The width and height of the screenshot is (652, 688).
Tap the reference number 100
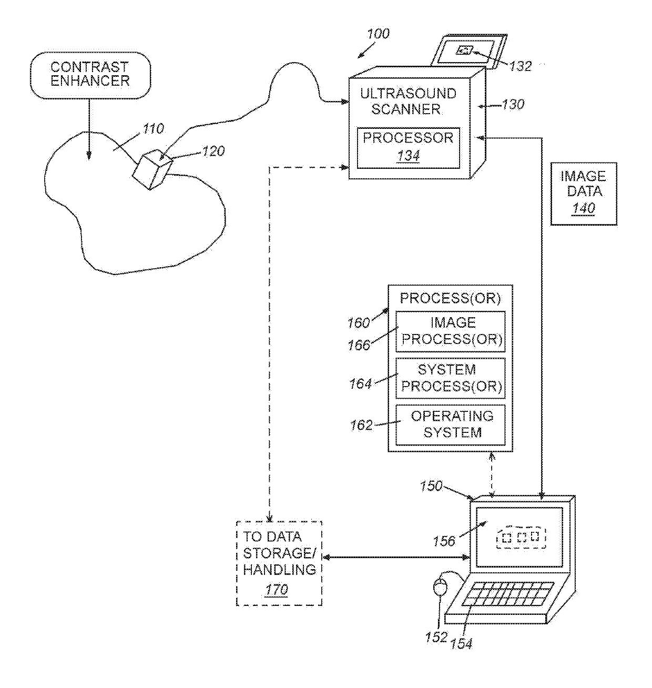[378, 34]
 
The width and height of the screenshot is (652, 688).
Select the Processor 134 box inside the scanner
[408, 148]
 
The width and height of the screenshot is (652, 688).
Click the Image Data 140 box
[584, 194]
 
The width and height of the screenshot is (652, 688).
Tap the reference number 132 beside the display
[520, 66]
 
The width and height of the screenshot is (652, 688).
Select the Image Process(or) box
[451, 331]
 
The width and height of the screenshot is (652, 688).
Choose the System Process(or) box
[451, 378]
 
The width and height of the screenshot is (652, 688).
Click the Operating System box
[451, 425]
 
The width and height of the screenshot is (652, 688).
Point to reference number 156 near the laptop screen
[444, 541]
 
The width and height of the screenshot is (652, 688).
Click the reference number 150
[431, 485]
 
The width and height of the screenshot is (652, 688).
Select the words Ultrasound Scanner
[408, 101]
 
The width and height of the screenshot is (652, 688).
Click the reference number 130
[513, 105]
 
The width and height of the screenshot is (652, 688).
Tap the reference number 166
[359, 346]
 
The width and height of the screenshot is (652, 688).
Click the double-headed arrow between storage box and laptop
[396, 557]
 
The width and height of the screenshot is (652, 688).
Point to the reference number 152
[436, 638]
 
